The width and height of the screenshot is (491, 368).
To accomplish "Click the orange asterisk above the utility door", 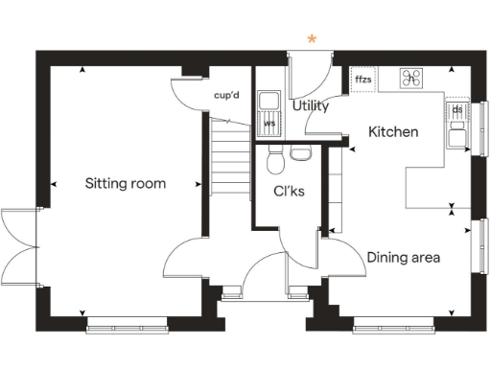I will click(x=312, y=39).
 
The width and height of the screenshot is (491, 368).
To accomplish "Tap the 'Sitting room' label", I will click(x=125, y=183).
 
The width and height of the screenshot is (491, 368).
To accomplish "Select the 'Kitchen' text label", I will click(x=393, y=131).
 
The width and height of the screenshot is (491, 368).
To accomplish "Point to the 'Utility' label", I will click(x=311, y=105).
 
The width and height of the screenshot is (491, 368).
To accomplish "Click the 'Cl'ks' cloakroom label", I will click(x=289, y=191).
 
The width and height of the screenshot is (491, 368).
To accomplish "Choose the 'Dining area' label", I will click(x=404, y=257).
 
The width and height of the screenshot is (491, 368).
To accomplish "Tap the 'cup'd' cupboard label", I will click(x=226, y=96).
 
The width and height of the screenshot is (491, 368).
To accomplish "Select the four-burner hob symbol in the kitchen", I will click(x=413, y=80).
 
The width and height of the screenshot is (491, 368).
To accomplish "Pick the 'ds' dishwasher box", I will click(x=457, y=110).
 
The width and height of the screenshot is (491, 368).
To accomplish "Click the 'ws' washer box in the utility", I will click(x=269, y=123).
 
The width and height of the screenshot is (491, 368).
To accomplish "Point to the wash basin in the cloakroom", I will click(x=301, y=153).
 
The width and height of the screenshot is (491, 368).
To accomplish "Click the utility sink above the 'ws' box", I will click(x=269, y=102).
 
